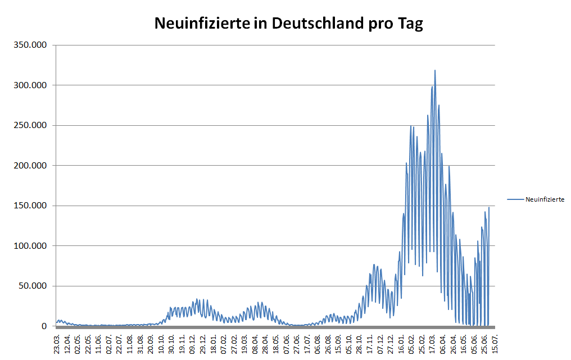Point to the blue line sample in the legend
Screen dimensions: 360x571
point(515,199)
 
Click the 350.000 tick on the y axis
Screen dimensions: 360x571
point(33,45)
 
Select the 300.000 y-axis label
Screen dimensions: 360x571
point(33,85)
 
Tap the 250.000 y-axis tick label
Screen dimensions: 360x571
point(33,126)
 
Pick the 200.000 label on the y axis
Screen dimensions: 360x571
point(33,166)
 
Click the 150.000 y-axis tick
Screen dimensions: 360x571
point(33,206)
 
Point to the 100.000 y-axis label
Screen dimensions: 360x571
point(33,246)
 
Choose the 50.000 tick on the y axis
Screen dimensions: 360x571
point(35,286)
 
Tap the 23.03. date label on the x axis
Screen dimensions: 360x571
point(57,343)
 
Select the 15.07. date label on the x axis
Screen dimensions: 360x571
point(495,343)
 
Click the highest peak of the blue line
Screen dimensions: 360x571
point(435,71)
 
